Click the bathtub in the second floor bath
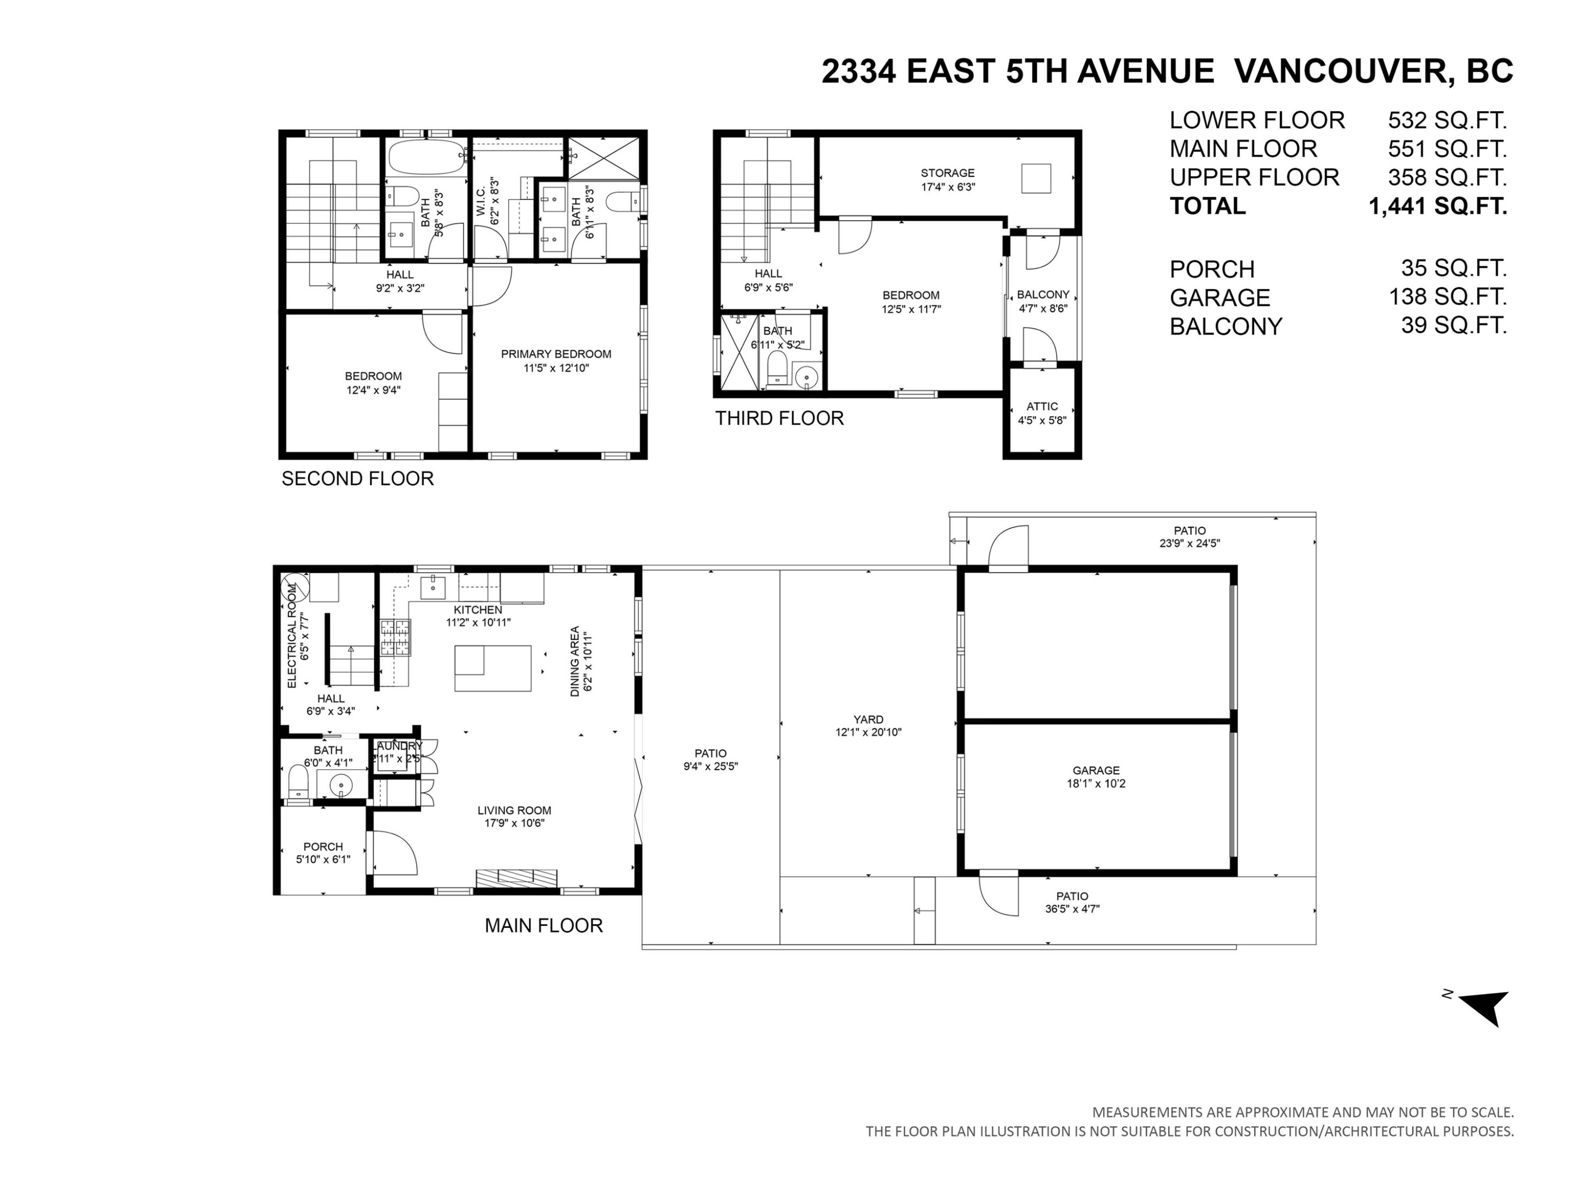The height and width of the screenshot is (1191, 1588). [x=427, y=157]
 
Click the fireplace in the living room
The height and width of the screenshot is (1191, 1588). [x=516, y=879]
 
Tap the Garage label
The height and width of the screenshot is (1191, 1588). [x=1096, y=770]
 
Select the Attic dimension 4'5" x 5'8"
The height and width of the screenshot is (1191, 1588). [x=1042, y=420]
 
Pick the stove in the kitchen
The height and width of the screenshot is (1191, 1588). [x=395, y=637]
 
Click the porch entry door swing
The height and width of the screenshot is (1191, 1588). [x=394, y=853]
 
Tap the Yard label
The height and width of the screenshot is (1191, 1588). [x=868, y=719]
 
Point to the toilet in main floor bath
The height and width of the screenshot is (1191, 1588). [x=297, y=781]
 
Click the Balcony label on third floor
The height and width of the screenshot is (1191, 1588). [x=1042, y=294]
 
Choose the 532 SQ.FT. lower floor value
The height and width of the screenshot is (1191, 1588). [x=1447, y=120]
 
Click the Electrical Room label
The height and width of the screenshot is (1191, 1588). [x=292, y=636]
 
